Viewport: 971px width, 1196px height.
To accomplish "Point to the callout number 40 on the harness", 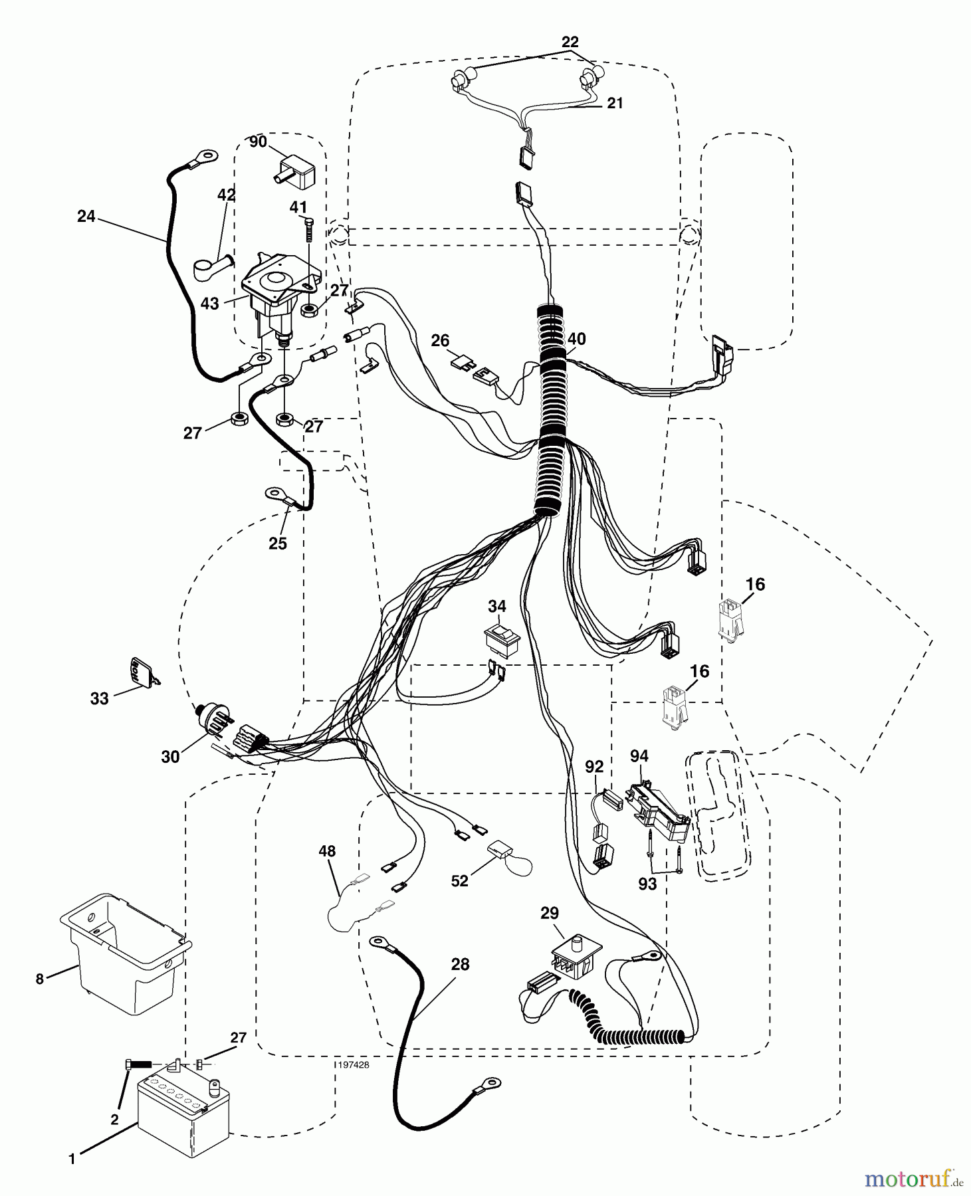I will (x=576, y=339).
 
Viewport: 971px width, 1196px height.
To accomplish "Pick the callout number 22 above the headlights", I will (x=570, y=42).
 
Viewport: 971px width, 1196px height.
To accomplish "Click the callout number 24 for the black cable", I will (x=86, y=216).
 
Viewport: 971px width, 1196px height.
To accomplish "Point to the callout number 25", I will (x=277, y=543).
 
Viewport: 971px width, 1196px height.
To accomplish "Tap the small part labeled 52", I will (x=500, y=851).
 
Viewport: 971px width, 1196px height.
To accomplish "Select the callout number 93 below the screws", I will (x=647, y=884).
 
